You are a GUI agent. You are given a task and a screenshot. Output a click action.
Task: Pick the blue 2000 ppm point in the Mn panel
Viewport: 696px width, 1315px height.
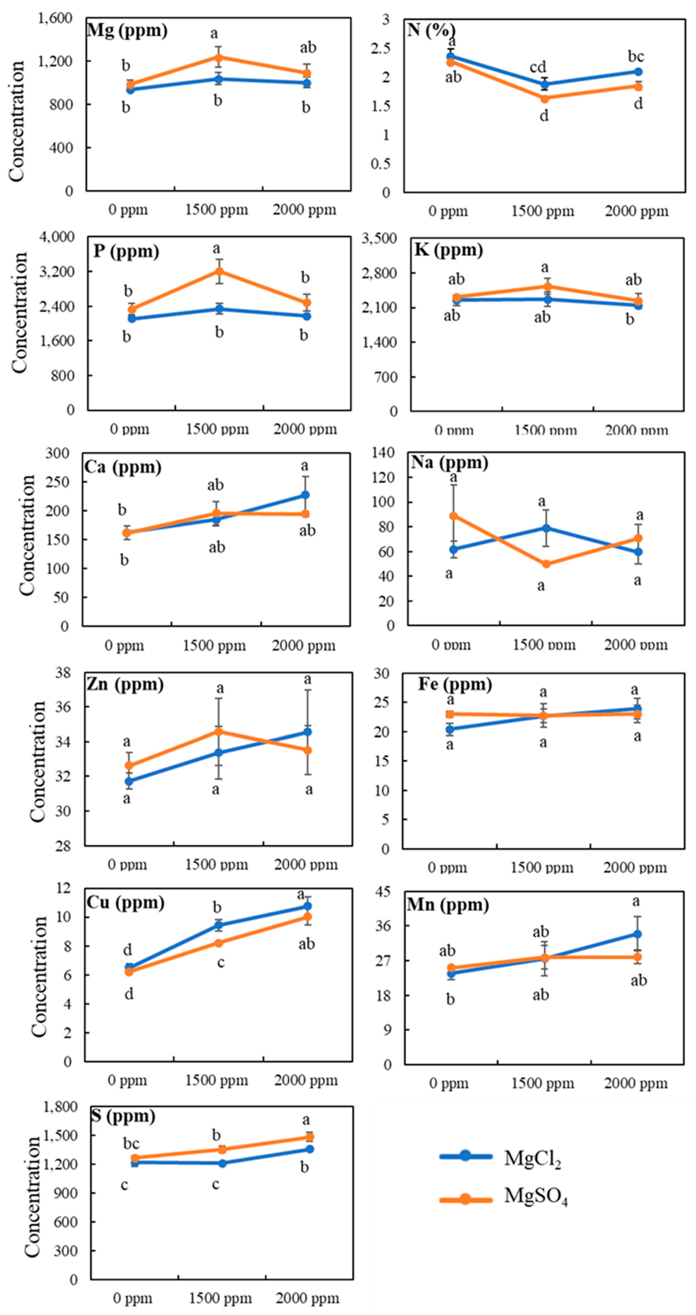point(637,934)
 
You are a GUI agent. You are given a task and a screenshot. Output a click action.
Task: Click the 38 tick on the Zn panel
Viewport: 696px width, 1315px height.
point(63,673)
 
